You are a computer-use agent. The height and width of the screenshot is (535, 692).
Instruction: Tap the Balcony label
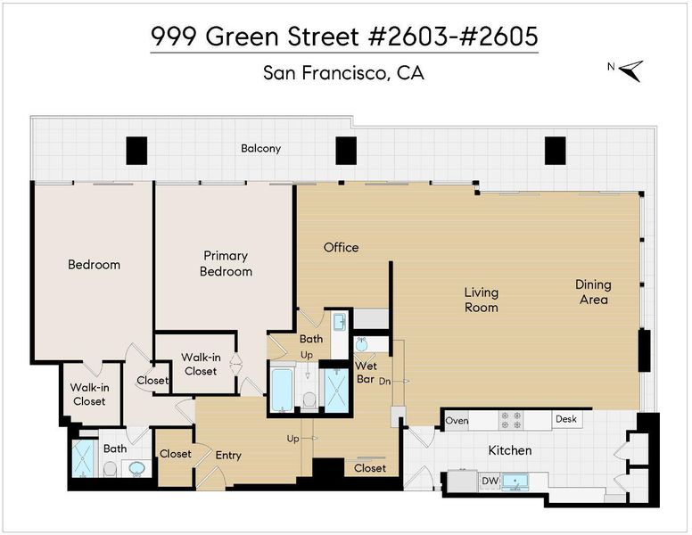click(x=260, y=149)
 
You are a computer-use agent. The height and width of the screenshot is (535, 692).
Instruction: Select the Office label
click(x=341, y=248)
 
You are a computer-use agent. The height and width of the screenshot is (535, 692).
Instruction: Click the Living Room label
click(x=481, y=300)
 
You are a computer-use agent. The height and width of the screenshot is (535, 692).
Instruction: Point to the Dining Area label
click(x=593, y=292)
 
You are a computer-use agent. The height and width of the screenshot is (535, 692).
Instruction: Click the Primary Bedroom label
click(x=226, y=264)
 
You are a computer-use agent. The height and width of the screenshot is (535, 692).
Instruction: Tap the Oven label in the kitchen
click(x=457, y=421)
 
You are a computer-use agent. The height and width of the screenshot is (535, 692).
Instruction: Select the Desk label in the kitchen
click(x=565, y=418)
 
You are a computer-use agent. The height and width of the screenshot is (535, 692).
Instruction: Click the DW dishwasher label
click(x=490, y=481)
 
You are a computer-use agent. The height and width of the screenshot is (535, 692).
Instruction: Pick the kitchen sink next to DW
click(x=515, y=481)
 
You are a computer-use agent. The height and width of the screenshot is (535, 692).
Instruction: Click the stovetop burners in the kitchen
click(x=511, y=420)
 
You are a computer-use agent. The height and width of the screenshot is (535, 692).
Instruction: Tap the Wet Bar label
click(x=366, y=372)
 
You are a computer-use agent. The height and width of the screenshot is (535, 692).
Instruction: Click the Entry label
click(x=228, y=455)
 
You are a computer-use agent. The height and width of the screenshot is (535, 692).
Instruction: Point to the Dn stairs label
click(x=384, y=381)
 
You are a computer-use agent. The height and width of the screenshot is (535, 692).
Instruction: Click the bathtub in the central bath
click(x=282, y=390)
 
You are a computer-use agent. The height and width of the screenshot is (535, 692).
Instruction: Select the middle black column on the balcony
click(x=346, y=151)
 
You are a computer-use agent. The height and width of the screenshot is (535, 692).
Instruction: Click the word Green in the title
click(x=243, y=37)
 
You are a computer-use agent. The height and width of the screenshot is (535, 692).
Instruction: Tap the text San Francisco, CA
click(x=343, y=73)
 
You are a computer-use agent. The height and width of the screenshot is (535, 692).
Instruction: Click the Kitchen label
click(x=510, y=450)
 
